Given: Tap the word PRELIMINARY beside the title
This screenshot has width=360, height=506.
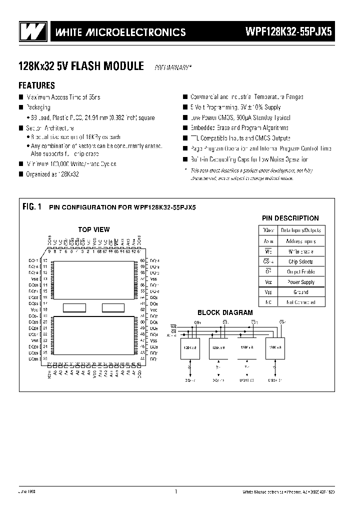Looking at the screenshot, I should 172,67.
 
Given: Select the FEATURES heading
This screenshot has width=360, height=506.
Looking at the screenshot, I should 36,85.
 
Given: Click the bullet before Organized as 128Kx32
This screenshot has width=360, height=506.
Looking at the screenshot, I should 20,174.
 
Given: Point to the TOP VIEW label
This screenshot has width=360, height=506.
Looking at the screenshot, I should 93,229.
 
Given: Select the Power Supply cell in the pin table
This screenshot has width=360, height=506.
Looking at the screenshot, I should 300,282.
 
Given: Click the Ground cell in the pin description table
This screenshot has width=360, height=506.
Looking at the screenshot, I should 300,292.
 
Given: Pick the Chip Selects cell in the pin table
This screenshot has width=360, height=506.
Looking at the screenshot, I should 300,261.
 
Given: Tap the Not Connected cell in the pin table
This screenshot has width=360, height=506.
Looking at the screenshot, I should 300,302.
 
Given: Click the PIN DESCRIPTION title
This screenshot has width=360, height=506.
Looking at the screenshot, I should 290,218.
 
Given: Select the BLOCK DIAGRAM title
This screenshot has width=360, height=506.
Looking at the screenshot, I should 225,312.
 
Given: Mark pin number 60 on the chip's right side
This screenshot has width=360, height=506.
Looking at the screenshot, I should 142,260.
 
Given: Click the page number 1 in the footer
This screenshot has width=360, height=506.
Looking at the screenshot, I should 176,491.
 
